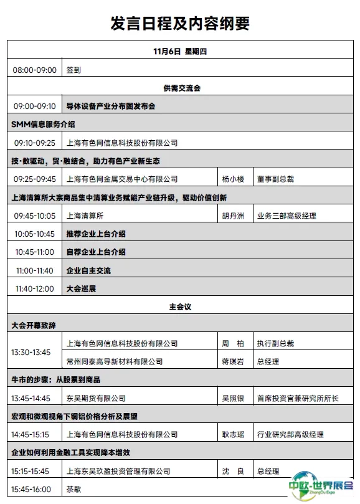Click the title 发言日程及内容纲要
tap(180, 23)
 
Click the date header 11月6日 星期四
tap(179, 52)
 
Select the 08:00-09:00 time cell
tap(35, 70)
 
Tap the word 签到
tap(73, 70)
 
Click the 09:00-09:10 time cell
tap(35, 107)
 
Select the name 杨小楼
tap(234, 179)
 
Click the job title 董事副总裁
tap(275, 179)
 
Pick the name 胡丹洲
tap(234, 216)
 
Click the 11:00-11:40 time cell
tap(35, 270)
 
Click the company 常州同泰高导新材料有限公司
tap(115, 361)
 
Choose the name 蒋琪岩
tap(234, 361)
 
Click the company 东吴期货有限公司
tap(96, 398)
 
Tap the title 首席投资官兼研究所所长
tap(298, 398)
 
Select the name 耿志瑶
tap(234, 434)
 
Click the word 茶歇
tap(73, 489)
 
